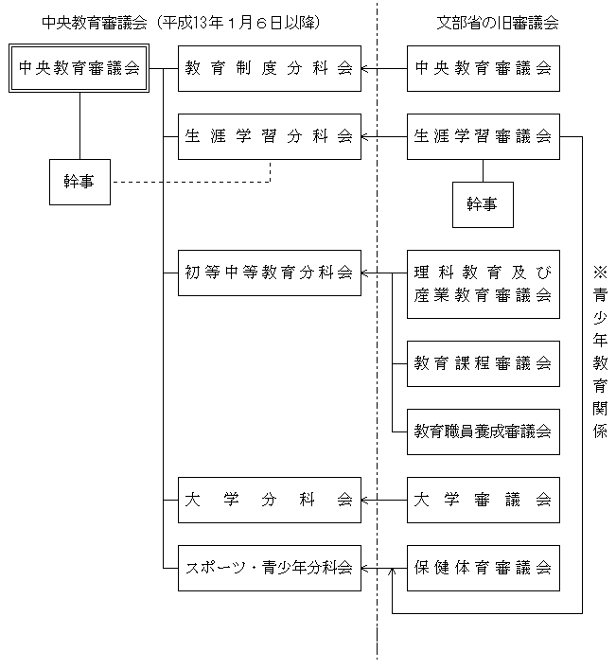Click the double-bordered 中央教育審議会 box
[x=79, y=68]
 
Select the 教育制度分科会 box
[x=270, y=68]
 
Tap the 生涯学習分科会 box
[x=270, y=136]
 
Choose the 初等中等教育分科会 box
[x=270, y=273]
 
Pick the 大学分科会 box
[x=270, y=500]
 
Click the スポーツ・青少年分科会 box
[x=270, y=568]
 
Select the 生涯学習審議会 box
[x=484, y=136]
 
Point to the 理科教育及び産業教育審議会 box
[x=484, y=284]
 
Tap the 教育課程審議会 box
[x=484, y=363]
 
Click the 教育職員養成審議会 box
[x=484, y=431]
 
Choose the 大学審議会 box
[x=484, y=500]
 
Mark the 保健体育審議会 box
[x=484, y=568]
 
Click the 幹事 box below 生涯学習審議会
[x=483, y=204]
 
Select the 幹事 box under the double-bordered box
[x=79, y=182]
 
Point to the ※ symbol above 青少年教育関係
[x=599, y=273]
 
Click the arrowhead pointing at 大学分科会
[x=366, y=500]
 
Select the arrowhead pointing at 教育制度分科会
[x=366, y=68]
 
